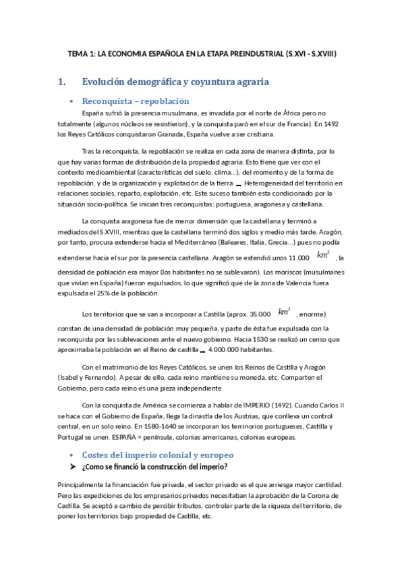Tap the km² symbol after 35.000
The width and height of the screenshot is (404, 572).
pos(285,312)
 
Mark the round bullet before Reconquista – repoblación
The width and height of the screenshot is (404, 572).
pos(71,102)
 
